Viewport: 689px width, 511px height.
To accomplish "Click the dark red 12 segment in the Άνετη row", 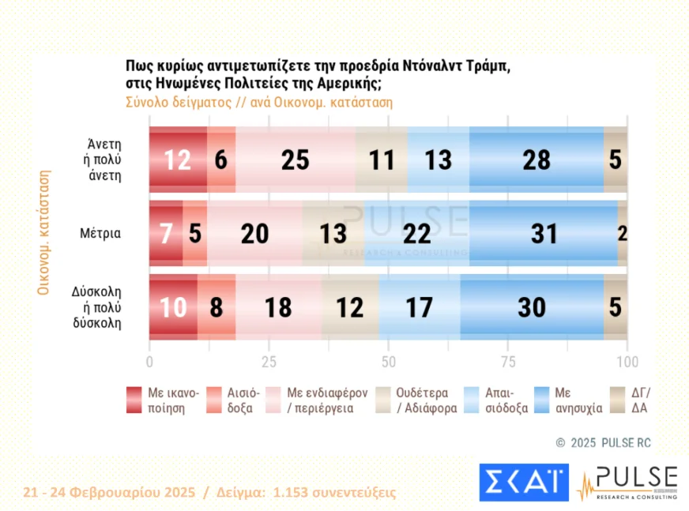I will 178,159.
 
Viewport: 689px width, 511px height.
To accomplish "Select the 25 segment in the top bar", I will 295,159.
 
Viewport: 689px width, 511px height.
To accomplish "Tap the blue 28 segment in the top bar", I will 536,159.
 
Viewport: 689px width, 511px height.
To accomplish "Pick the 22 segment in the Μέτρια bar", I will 416,234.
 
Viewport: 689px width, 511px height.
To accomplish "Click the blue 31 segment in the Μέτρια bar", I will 544,234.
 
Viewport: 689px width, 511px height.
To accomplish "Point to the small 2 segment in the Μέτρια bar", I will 623,234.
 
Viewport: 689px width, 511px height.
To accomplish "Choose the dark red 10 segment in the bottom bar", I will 173,308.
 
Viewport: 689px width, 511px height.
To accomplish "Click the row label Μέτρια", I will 100,234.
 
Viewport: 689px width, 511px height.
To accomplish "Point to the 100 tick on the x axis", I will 627,363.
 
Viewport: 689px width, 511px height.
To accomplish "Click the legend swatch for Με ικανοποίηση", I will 134,400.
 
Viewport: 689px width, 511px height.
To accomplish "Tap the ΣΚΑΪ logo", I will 523,482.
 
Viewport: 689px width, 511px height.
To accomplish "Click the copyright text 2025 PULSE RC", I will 610,443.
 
